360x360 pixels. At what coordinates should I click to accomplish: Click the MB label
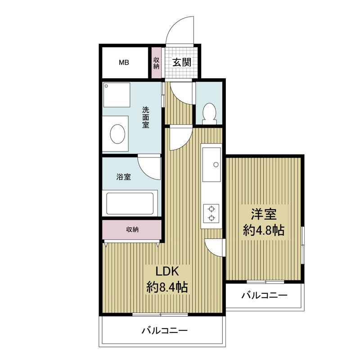pyautogui.click(x=124, y=62)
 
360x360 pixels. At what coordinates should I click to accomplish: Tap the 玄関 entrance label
pyautogui.click(x=182, y=62)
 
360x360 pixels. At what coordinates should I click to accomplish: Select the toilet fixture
pyautogui.click(x=209, y=114)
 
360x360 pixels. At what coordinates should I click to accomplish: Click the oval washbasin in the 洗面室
pyautogui.click(x=117, y=134)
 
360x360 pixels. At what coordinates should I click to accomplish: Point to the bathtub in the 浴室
pyautogui.click(x=130, y=204)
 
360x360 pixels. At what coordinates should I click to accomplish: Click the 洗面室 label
pyautogui.click(x=146, y=117)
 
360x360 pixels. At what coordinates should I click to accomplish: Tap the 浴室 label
pyautogui.click(x=123, y=177)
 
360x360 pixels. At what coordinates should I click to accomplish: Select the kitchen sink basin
pyautogui.click(x=211, y=164)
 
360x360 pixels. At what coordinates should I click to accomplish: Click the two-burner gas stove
pyautogui.click(x=211, y=213)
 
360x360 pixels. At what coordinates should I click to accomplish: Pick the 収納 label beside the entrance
pyautogui.click(x=156, y=63)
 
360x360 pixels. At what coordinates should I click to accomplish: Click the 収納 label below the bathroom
pyautogui.click(x=132, y=229)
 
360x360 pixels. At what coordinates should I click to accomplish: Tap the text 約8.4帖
pyautogui.click(x=167, y=287)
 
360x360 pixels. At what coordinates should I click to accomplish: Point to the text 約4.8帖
pyautogui.click(x=264, y=230)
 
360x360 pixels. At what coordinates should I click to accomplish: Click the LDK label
pyautogui.click(x=167, y=271)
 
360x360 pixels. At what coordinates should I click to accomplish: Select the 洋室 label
pyautogui.click(x=264, y=214)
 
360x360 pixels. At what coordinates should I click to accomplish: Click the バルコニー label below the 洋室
pyautogui.click(x=264, y=296)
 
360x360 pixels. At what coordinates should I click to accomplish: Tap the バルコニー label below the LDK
pyautogui.click(x=164, y=331)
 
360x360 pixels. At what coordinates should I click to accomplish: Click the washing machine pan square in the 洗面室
pyautogui.click(x=117, y=95)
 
